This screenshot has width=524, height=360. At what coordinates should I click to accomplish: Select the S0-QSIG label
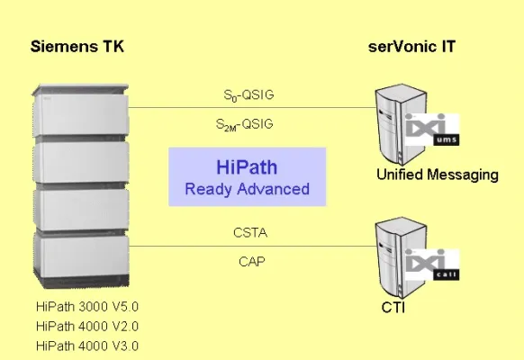tap(248, 93)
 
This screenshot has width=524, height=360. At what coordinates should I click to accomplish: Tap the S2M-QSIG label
tap(248, 123)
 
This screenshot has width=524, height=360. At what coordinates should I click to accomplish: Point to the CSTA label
tap(249, 233)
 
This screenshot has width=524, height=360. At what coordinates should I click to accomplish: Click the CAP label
tap(249, 262)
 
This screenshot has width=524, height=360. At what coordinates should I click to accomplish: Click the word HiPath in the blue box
tap(247, 168)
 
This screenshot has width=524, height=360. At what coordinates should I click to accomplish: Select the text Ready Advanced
tap(247, 189)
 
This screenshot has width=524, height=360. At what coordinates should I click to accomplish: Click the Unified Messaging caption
tap(437, 175)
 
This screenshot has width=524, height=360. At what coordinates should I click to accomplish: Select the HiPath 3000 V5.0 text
tap(87, 306)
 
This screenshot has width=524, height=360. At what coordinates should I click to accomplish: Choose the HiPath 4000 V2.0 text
tap(87, 326)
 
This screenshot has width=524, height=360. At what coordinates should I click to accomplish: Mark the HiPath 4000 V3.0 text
tap(87, 346)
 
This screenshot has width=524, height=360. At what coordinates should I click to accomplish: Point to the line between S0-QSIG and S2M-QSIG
tap(249, 107)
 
